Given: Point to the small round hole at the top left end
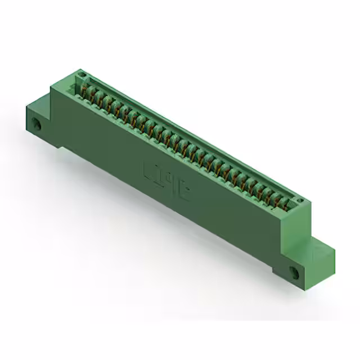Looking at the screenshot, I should point(82,74).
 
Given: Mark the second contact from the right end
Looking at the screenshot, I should point(281,200).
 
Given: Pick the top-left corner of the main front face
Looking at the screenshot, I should point(51,88).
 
